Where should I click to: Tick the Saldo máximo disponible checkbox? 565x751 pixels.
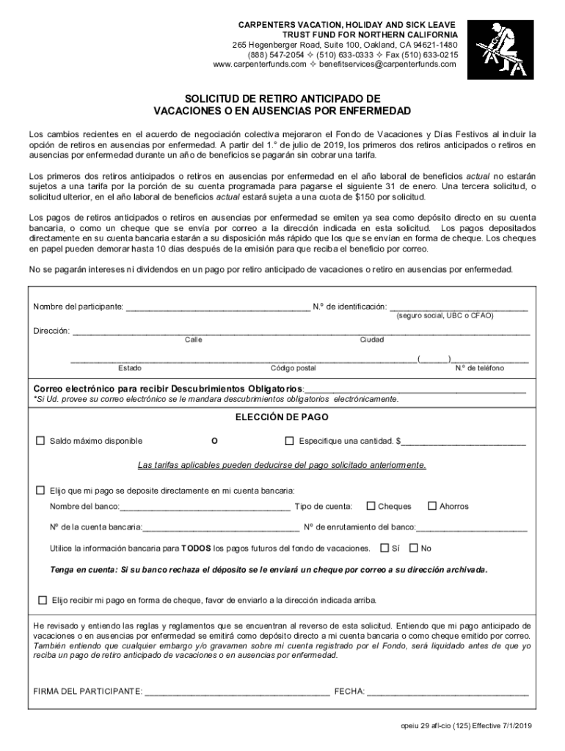41,441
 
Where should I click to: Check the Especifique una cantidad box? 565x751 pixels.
289,441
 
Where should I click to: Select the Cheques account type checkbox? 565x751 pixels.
371,505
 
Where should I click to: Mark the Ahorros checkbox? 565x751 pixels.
433,505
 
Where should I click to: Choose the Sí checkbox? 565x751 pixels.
385,548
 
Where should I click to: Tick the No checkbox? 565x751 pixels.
414,548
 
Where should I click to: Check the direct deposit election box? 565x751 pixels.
41,489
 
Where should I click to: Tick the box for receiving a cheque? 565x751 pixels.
42,599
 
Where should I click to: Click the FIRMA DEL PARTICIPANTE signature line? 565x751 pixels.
237,692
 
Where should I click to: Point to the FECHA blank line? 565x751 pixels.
448,692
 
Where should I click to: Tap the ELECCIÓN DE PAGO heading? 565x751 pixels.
282,417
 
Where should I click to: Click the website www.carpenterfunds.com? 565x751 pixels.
259,64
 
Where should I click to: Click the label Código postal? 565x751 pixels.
293,368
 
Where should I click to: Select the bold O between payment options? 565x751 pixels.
214,442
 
